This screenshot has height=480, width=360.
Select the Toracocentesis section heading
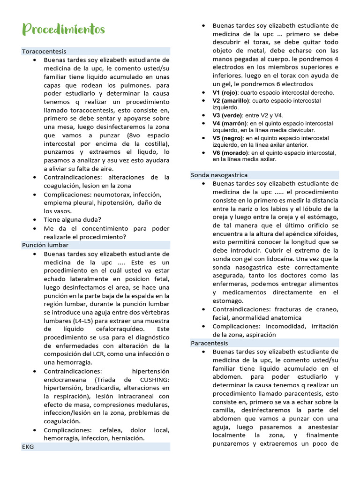[44, 52]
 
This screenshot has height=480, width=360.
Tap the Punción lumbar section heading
[45, 245]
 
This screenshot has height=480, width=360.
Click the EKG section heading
[28, 447]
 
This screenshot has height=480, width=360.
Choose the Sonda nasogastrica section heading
[219, 175]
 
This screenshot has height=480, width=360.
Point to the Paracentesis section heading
[209, 343]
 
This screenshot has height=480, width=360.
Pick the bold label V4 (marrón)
[230, 124]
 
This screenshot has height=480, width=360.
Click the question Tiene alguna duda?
[72, 219]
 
